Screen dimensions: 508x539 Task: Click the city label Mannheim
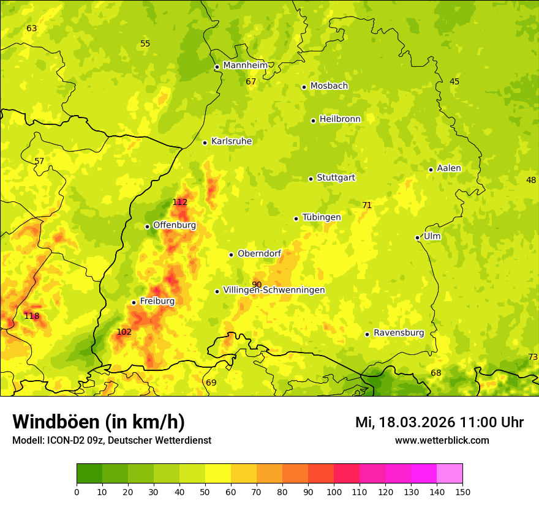(x=245, y=65)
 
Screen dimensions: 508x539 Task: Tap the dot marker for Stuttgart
(x=311, y=179)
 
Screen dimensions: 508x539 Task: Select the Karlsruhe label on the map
(x=231, y=141)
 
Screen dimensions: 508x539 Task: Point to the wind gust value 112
(x=180, y=202)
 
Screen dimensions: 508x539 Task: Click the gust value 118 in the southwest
(x=32, y=316)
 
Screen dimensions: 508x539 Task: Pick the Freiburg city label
(x=157, y=301)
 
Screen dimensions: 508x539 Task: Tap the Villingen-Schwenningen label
(x=274, y=290)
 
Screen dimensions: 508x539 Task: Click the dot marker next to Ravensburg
(x=367, y=334)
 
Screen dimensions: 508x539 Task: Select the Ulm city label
(x=432, y=236)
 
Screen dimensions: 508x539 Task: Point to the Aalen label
(x=448, y=168)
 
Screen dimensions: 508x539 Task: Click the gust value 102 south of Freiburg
(x=124, y=332)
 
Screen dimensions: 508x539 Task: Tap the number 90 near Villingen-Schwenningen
(x=257, y=285)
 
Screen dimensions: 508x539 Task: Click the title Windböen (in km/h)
(x=99, y=422)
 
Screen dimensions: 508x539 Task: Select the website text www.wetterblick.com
(x=442, y=440)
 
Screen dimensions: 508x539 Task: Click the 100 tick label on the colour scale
(x=334, y=491)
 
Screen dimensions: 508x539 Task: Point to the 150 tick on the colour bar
(x=462, y=491)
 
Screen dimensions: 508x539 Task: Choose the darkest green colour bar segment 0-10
(x=89, y=474)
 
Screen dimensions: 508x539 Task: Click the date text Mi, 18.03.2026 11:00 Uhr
(x=439, y=422)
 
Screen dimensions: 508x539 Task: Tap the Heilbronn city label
(x=340, y=119)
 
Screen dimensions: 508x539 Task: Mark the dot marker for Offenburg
(x=147, y=226)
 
